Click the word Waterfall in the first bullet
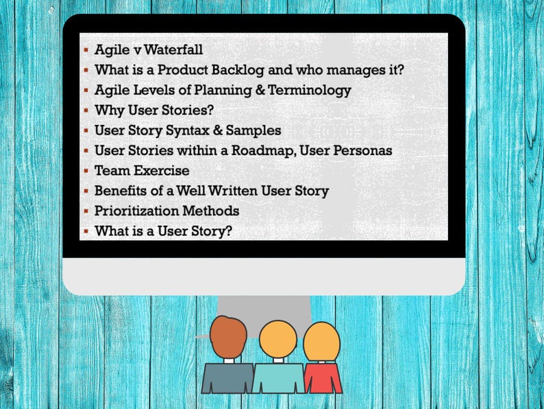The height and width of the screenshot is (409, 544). coord(173,49)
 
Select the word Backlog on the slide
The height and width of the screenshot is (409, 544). coord(273,69)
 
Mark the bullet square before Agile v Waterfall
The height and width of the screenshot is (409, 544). coord(86,50)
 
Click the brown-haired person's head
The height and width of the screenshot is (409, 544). coord(227,336)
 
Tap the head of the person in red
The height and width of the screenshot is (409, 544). coord(321,340)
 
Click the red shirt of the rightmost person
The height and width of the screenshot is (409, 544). coord(323,379)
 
